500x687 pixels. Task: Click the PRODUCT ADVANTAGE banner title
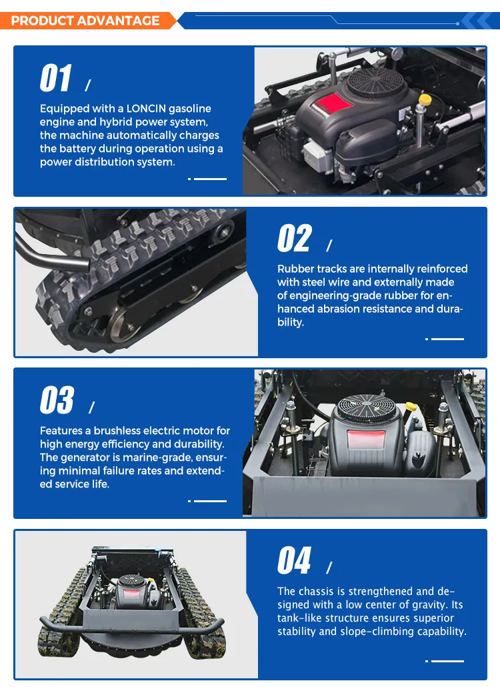[x=85, y=21]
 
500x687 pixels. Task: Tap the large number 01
[x=55, y=78]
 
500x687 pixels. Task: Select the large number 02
[x=295, y=238]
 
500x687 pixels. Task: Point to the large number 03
[x=57, y=400]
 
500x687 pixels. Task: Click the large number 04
[x=294, y=560]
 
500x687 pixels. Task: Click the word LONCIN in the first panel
[x=146, y=109]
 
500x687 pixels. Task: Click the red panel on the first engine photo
[x=332, y=103]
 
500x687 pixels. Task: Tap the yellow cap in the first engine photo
[x=425, y=100]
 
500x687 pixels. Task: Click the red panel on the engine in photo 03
[x=366, y=440]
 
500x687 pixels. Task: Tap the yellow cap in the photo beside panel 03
[x=410, y=406]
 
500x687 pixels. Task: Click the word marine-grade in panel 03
[x=158, y=458]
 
